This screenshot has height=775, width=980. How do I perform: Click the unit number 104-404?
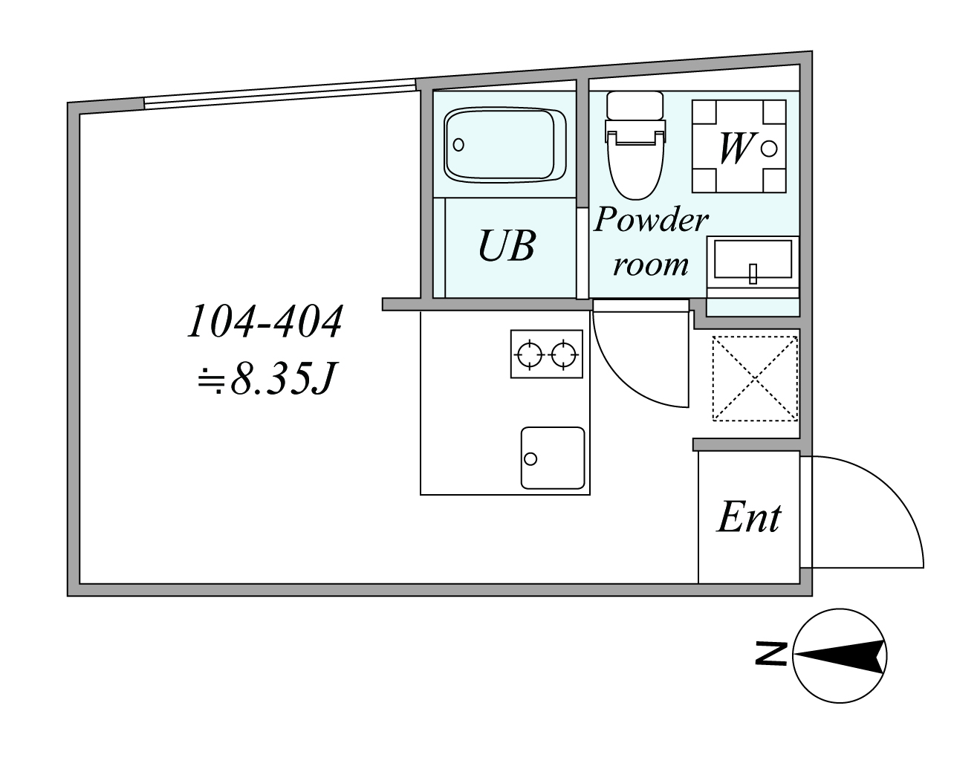(x=265, y=322)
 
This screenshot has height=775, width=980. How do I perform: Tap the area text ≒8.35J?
(x=267, y=377)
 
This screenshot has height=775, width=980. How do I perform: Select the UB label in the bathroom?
(x=507, y=246)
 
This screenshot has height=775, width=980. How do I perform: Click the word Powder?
(x=651, y=220)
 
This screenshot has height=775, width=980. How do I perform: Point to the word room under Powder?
(x=650, y=265)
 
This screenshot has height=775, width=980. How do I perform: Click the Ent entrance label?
(x=749, y=517)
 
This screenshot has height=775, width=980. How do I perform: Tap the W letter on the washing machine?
(x=734, y=148)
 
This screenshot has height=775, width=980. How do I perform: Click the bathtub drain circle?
(x=458, y=145)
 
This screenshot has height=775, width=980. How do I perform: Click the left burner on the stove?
(x=530, y=354)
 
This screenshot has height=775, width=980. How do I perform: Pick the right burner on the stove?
(x=564, y=354)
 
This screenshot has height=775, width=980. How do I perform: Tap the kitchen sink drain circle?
(x=530, y=458)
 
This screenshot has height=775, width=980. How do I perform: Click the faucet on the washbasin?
(x=753, y=274)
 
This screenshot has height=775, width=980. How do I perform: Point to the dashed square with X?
(x=755, y=379)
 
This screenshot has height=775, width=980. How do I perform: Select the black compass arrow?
(x=841, y=657)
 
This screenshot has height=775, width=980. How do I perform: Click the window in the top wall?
(x=280, y=94)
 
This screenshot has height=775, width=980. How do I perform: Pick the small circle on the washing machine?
(x=769, y=149)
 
